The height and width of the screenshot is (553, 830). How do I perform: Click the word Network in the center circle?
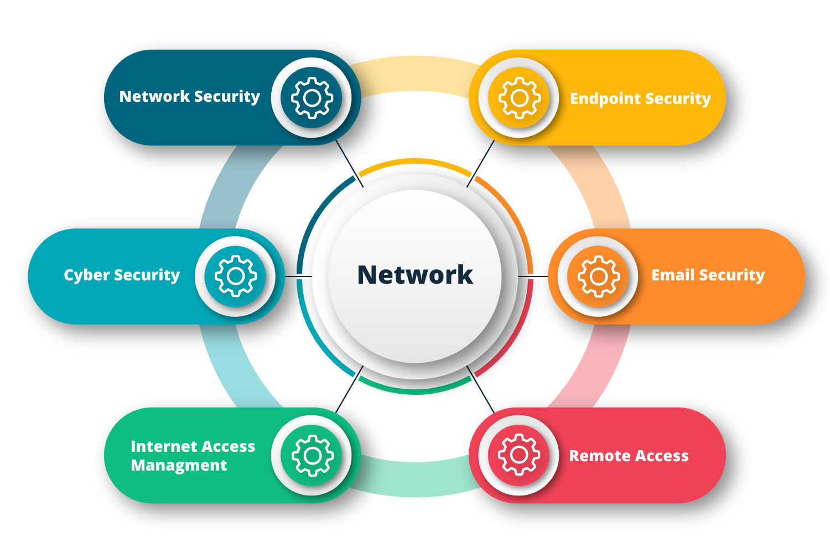415,275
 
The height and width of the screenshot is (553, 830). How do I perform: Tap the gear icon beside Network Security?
312,98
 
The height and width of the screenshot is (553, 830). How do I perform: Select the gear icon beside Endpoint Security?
519,98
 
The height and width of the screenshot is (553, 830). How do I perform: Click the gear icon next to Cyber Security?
236,276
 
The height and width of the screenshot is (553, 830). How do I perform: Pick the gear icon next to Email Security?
598,276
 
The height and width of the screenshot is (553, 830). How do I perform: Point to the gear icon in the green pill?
313,455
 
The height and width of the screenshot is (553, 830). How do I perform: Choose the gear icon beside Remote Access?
519,455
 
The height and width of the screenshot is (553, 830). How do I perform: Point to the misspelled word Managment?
179,466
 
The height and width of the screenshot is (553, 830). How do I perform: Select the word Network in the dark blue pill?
154,96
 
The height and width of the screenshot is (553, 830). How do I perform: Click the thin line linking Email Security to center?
533,276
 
